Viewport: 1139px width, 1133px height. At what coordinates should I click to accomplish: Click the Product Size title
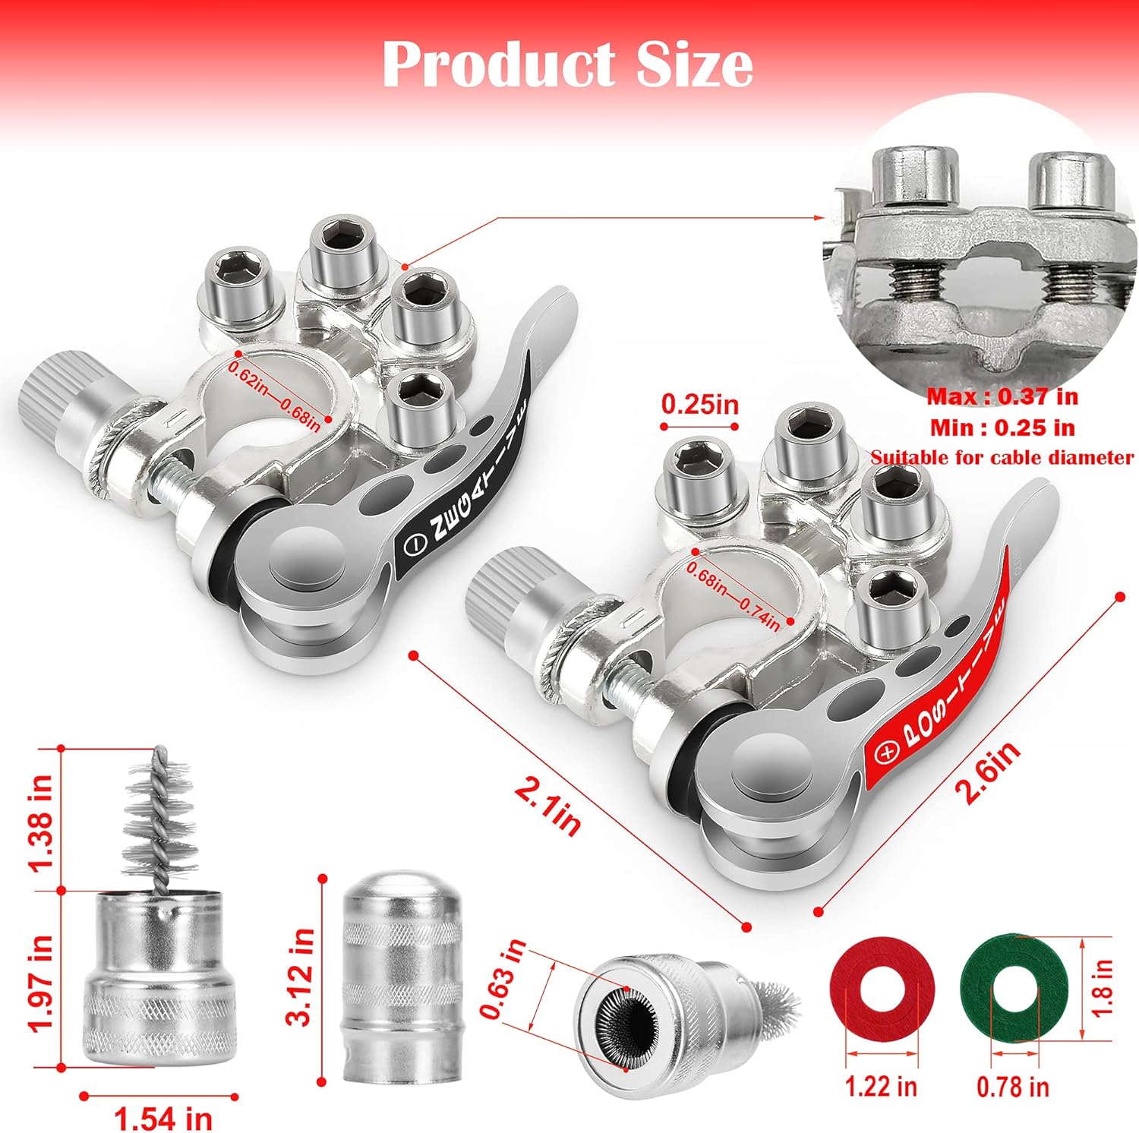coord(567,65)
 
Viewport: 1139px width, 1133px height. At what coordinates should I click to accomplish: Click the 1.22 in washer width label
coord(881,1086)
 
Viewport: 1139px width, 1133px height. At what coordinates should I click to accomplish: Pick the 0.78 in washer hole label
coord(1013,1087)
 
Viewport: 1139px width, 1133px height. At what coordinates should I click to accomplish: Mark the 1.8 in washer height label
coord(1103,988)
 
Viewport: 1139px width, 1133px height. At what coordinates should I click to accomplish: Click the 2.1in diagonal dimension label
coord(547,808)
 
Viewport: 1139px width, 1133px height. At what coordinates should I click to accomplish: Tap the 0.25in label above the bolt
coord(699,403)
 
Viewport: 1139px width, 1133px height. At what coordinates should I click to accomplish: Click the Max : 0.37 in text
coord(1002,396)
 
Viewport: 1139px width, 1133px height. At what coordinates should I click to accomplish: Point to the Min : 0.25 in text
coord(1002,428)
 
